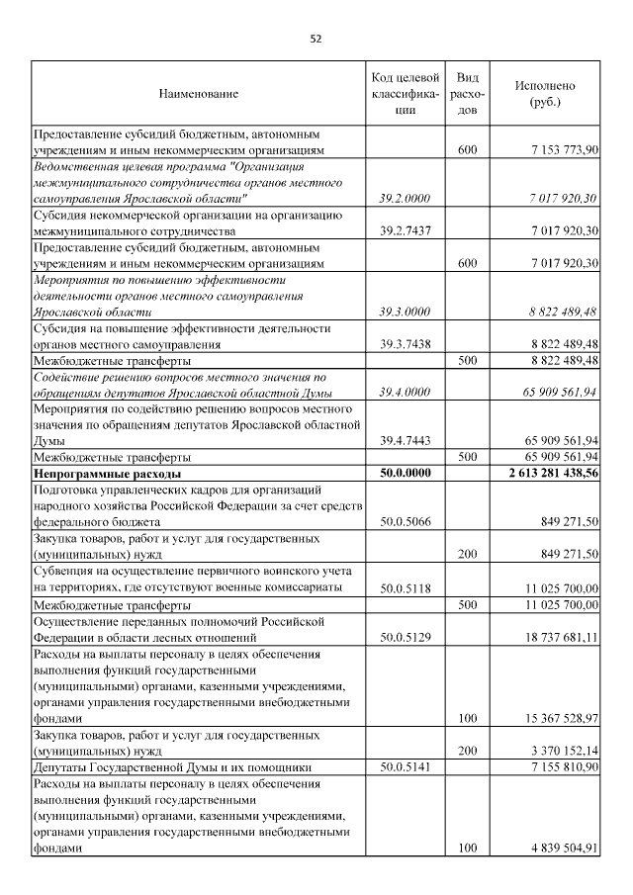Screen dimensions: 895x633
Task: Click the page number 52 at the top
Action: tap(316, 40)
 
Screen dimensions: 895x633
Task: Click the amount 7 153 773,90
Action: tap(561, 149)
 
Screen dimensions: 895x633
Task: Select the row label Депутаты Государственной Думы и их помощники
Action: tap(173, 767)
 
